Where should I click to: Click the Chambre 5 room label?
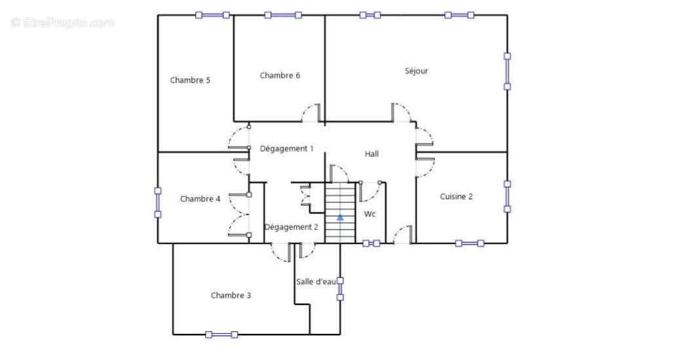[190, 80]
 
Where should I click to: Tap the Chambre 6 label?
[280, 75]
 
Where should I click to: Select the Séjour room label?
[416, 71]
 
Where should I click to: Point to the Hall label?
[372, 153]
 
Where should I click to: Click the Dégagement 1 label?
[287, 149]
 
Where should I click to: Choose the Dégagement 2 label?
[291, 227]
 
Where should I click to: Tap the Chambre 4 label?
[201, 199]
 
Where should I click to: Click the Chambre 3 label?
[231, 295]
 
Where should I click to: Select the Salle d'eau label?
[316, 282]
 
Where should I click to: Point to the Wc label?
[370, 214]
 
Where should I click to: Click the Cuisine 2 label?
[456, 197]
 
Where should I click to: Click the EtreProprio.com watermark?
[62, 22]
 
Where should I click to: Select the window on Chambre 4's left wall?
[157, 203]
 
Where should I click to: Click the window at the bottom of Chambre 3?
[221, 334]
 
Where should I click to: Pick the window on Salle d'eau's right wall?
[340, 289]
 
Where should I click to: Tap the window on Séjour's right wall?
[507, 71]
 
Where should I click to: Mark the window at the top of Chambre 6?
[283, 15]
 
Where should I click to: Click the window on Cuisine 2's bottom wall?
[470, 243]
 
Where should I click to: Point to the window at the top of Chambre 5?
[212, 15]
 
